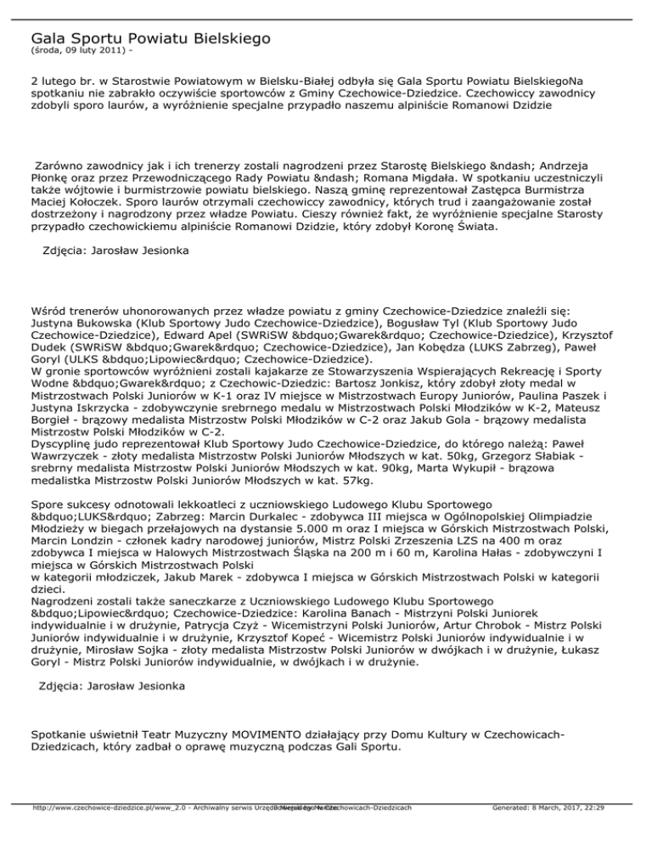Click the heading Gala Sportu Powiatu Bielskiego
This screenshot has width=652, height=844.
(150, 38)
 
